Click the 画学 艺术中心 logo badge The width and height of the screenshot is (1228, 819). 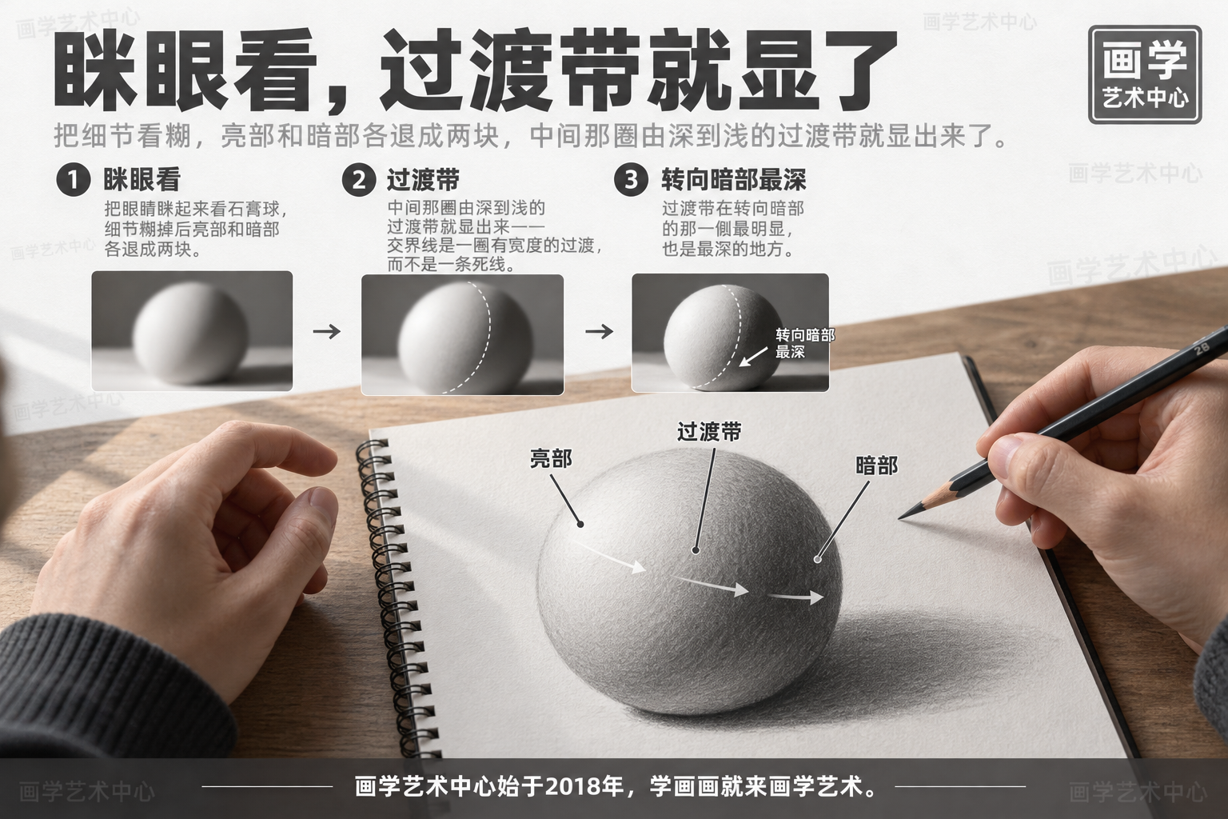(x=1145, y=74)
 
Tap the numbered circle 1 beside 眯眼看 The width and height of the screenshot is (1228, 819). (x=73, y=180)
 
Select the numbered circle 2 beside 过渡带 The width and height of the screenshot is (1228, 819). (x=358, y=180)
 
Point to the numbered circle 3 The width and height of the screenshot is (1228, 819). (x=631, y=180)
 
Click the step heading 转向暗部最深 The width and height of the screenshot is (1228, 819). (x=733, y=180)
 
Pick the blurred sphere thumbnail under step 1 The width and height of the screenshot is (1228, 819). (x=192, y=331)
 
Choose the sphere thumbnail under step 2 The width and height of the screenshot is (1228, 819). (x=462, y=334)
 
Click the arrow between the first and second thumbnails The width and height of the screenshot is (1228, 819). (x=327, y=331)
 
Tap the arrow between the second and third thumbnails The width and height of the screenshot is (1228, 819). (x=599, y=331)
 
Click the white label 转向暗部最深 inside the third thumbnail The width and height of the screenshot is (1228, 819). (x=805, y=343)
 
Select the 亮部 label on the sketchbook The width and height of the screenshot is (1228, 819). (x=550, y=458)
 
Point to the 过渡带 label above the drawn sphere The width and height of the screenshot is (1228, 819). (x=709, y=432)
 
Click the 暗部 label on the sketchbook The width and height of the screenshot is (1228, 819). (x=876, y=466)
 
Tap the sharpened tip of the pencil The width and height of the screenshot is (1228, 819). (x=899, y=517)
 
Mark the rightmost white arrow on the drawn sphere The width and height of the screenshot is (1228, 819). (x=795, y=597)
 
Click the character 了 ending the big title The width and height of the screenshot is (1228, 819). (x=856, y=69)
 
